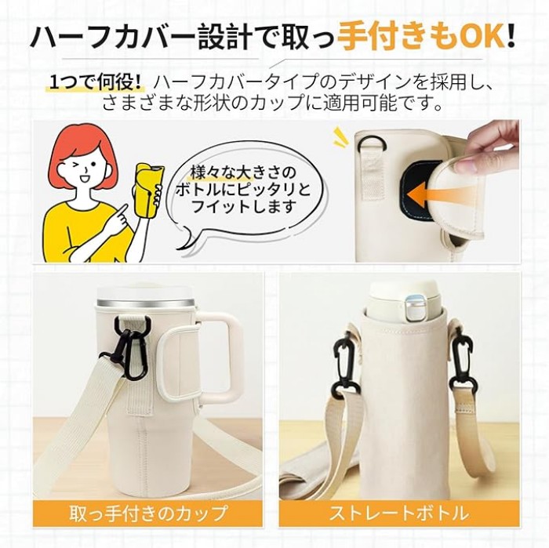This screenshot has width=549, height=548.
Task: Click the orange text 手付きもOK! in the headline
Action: (427, 38)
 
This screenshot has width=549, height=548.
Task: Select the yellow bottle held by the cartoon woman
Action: (148, 188)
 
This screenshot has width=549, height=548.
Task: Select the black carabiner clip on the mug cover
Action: (133, 347)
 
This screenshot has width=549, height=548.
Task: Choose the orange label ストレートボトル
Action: (399, 513)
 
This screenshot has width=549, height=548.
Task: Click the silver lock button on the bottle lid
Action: (416, 307)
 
